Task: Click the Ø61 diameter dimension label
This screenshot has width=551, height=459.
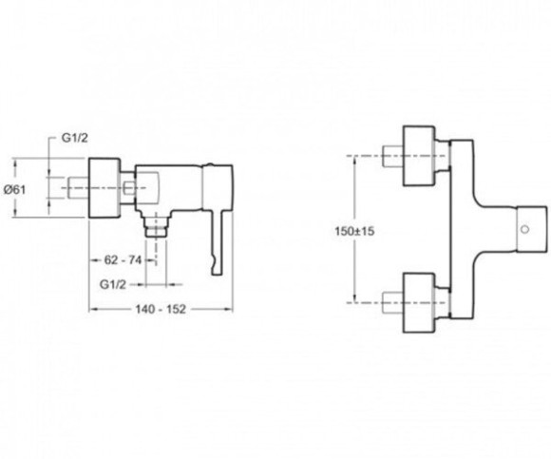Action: point(15,190)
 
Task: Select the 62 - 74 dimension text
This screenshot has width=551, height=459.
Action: point(123,260)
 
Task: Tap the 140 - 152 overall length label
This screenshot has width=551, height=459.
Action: point(161,309)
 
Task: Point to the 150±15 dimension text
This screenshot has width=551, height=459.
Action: point(354,232)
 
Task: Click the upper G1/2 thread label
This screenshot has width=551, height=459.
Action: point(74,138)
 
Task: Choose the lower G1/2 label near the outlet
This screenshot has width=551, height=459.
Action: point(112,284)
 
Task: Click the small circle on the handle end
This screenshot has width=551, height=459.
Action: point(525,230)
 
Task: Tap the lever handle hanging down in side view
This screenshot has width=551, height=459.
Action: point(218,241)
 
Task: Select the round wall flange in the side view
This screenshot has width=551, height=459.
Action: point(104,187)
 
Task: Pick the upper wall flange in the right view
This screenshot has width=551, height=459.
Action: point(419,156)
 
